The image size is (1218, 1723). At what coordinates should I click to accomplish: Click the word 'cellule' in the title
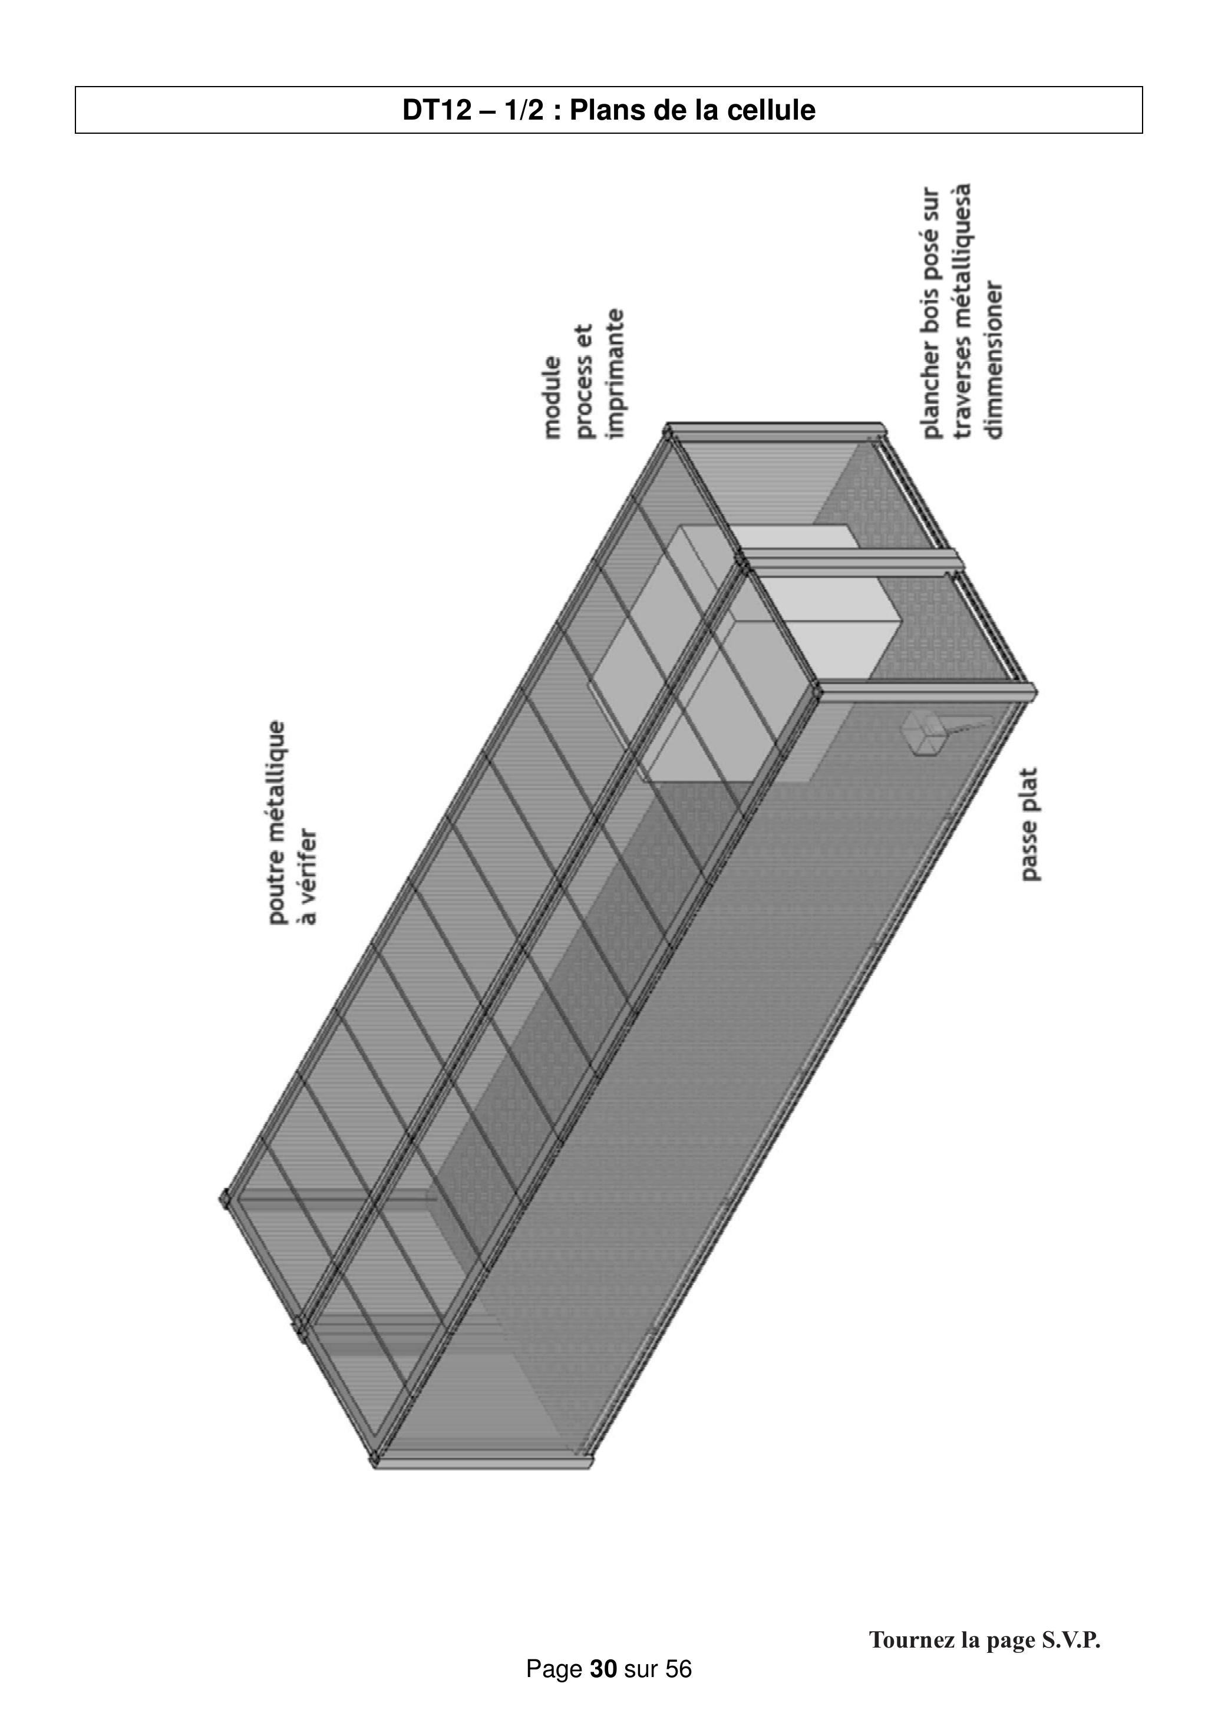pyautogui.click(x=771, y=110)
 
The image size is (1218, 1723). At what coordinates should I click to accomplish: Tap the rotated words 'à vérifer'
pyautogui.click(x=308, y=876)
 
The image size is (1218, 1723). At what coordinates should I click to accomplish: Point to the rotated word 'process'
pyautogui.click(x=585, y=381)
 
